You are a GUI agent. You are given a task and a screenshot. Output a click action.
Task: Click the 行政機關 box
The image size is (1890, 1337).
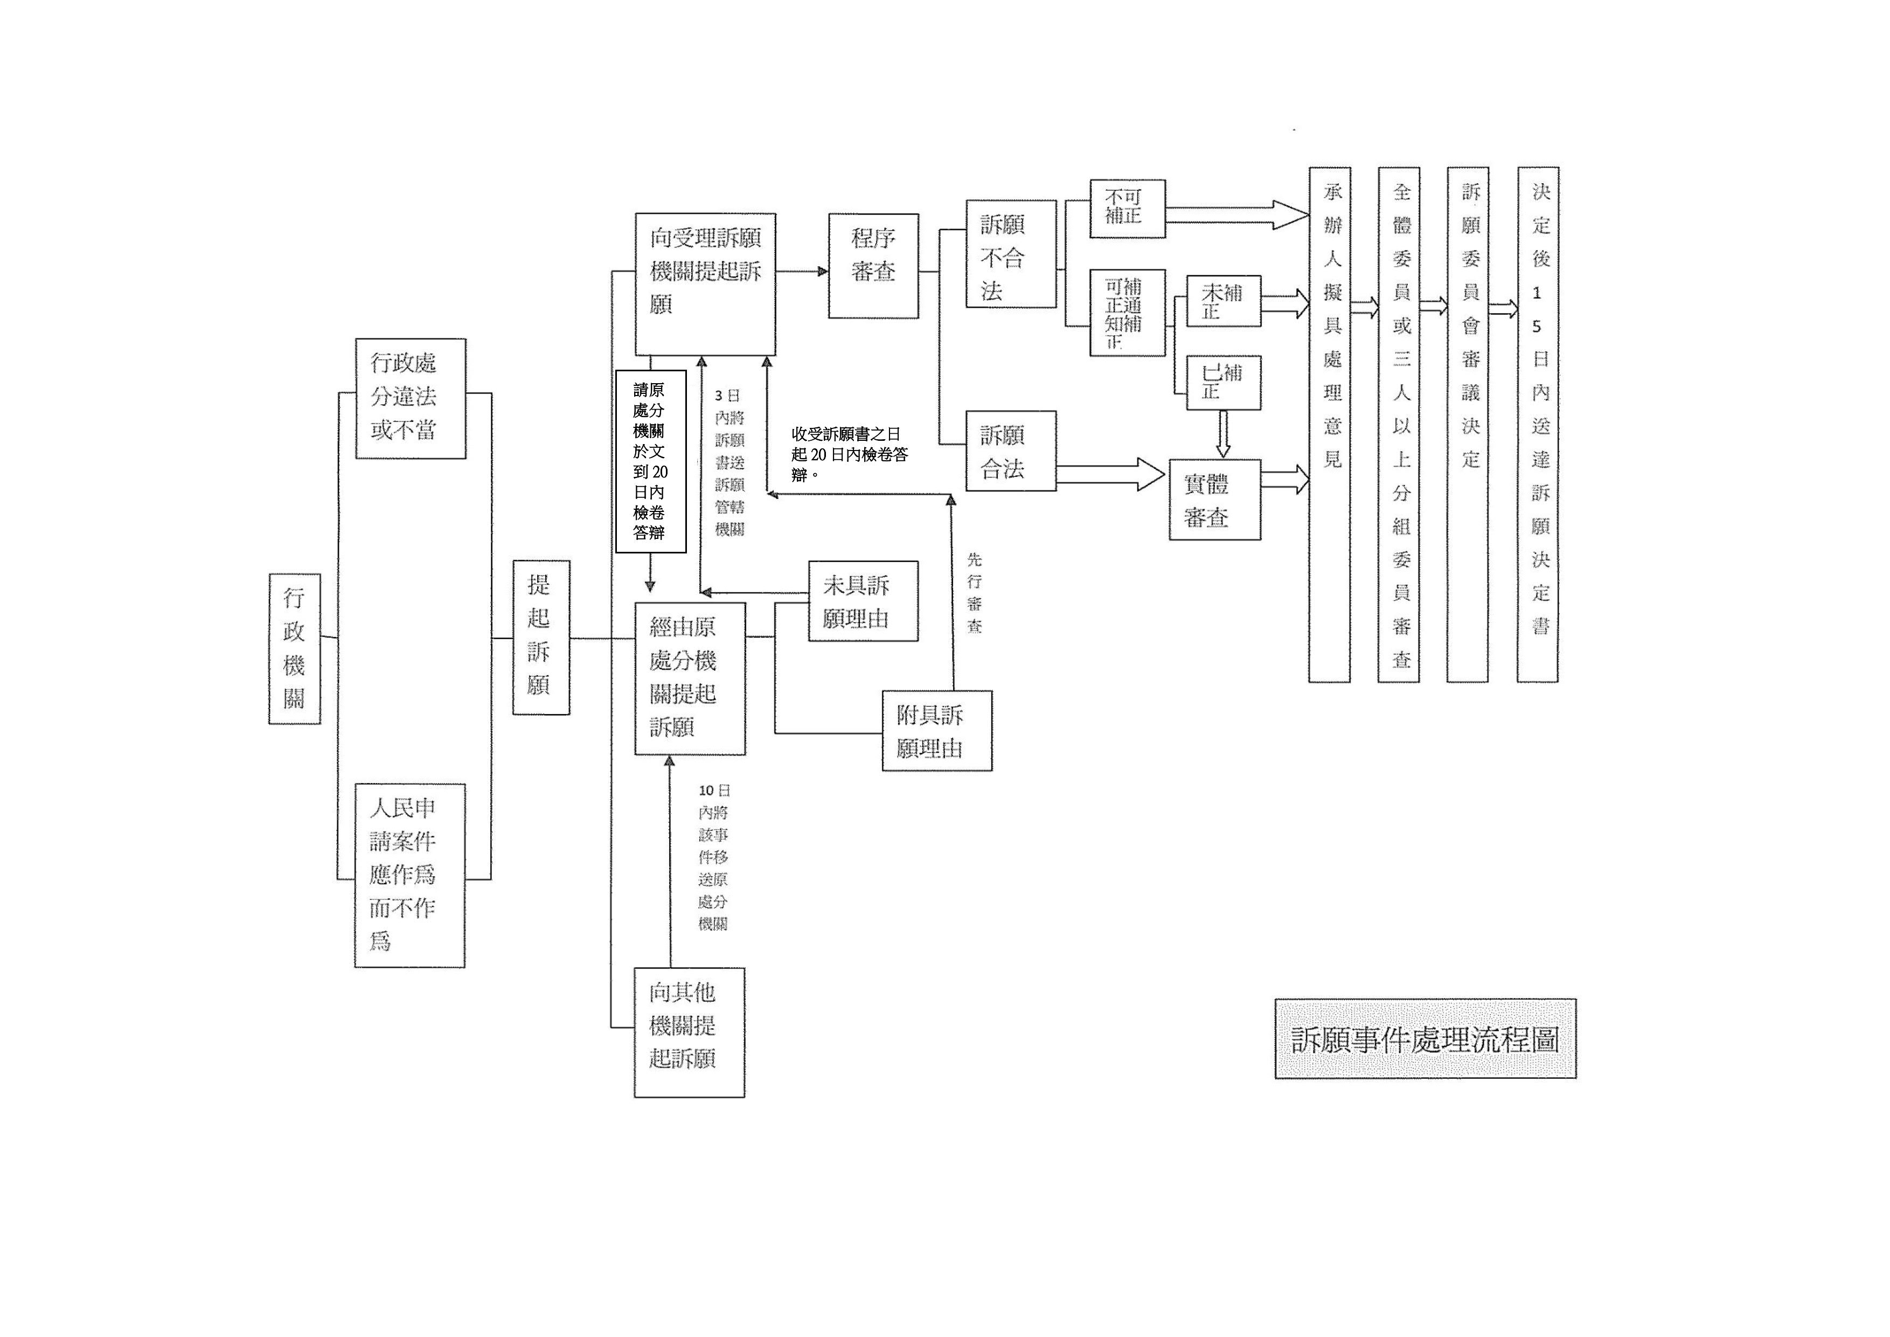294,649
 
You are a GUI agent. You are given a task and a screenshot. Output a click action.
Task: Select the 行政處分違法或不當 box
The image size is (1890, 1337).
411,398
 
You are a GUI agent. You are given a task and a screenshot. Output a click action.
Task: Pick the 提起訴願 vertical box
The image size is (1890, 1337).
541,637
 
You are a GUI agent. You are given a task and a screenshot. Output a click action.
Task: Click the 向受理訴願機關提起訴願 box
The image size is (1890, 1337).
705,284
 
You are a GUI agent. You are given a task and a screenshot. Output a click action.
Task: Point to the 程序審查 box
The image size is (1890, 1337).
873,266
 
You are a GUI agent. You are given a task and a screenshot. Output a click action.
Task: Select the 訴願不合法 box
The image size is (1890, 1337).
1011,254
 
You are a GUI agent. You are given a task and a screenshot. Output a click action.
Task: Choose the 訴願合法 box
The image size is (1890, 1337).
1011,451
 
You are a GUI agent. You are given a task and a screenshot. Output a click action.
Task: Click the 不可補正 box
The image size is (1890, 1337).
1128,209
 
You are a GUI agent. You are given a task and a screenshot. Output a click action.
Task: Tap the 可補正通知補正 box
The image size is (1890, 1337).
1128,313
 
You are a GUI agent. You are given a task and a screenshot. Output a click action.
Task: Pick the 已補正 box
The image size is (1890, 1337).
1223,383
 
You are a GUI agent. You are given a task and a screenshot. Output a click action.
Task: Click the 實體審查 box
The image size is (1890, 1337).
1215,500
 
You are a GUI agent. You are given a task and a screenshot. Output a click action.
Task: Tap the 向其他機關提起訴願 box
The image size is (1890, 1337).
689,1033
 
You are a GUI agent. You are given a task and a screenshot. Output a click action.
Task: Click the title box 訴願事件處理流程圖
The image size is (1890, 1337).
1425,1039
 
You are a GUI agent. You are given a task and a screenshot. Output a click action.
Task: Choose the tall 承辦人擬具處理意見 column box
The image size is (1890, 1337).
1330,425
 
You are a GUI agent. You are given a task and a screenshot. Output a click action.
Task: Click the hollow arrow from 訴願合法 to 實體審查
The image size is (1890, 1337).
1111,475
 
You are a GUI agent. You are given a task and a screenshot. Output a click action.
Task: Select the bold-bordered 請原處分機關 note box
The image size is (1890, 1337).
650,461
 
